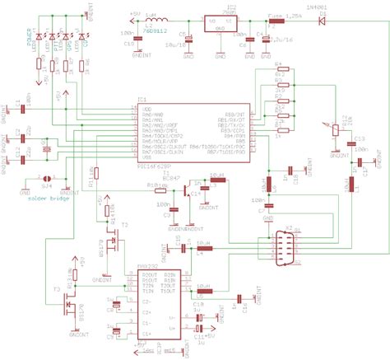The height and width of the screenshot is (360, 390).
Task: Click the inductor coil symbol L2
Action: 156,17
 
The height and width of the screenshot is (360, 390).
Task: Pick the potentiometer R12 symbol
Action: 334,129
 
